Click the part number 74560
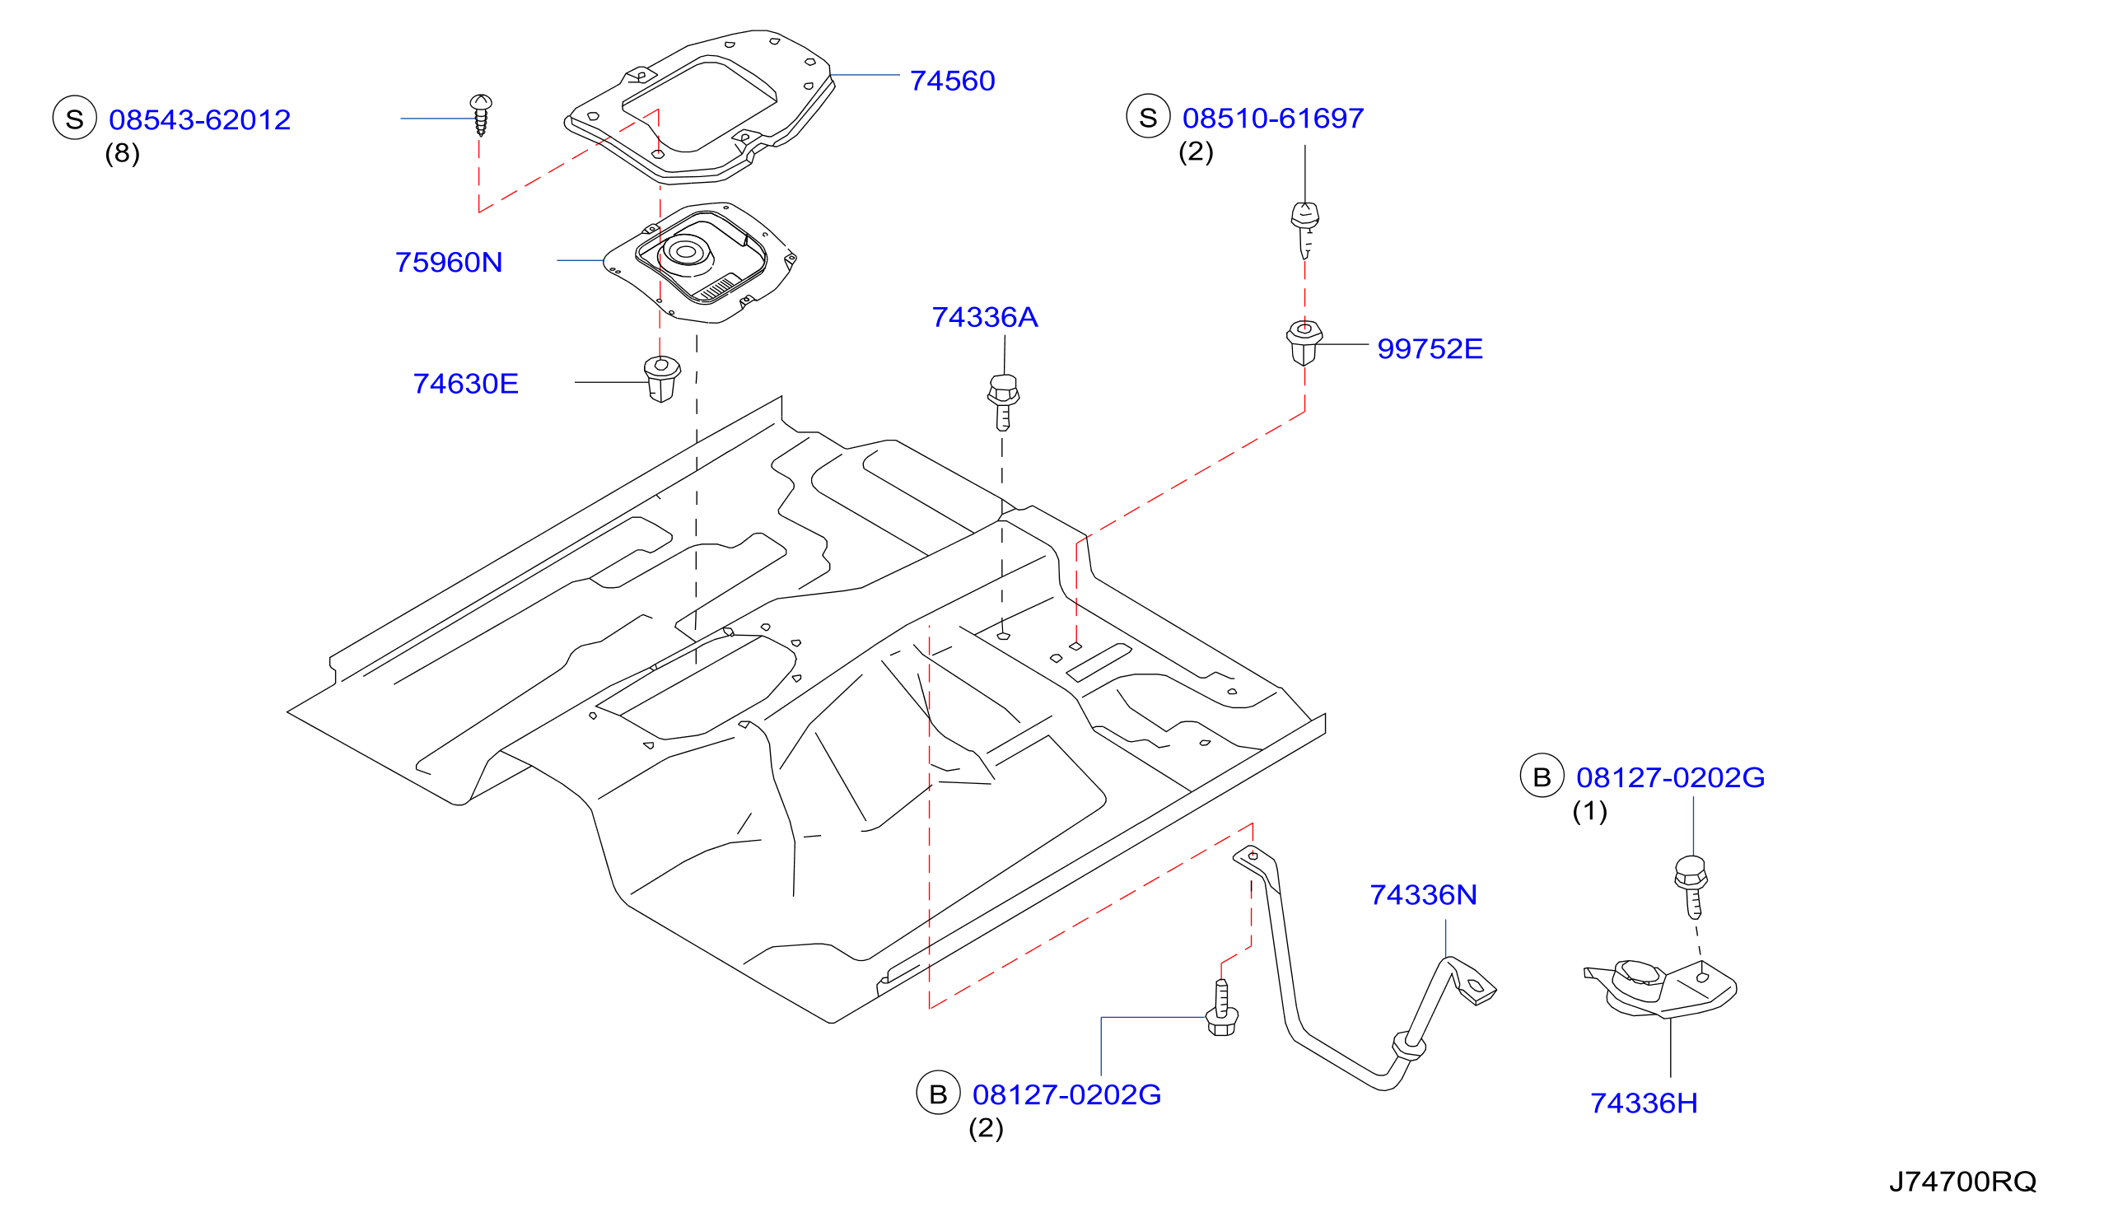click(x=952, y=81)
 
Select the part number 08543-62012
click(x=200, y=120)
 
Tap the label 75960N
click(x=449, y=263)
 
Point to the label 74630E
click(x=466, y=384)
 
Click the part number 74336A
click(x=984, y=317)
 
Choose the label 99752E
click(x=1430, y=349)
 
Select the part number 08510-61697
click(x=1273, y=119)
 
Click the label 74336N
click(x=1423, y=894)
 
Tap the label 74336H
click(x=1644, y=1103)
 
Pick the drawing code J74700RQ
click(x=1962, y=1182)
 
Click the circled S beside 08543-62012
click(x=75, y=118)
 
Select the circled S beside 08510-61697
click(x=1148, y=116)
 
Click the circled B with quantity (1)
click(x=1542, y=776)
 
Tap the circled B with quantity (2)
click(x=938, y=1093)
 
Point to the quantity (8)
click(x=123, y=154)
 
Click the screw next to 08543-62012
click(x=481, y=115)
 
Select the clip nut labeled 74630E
click(x=661, y=380)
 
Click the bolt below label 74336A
click(x=1003, y=403)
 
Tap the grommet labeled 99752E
click(x=1304, y=343)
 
